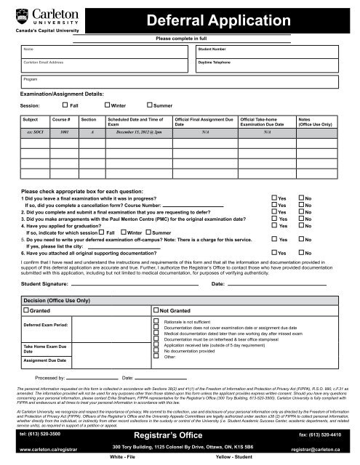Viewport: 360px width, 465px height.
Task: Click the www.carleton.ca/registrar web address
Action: [42, 450]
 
